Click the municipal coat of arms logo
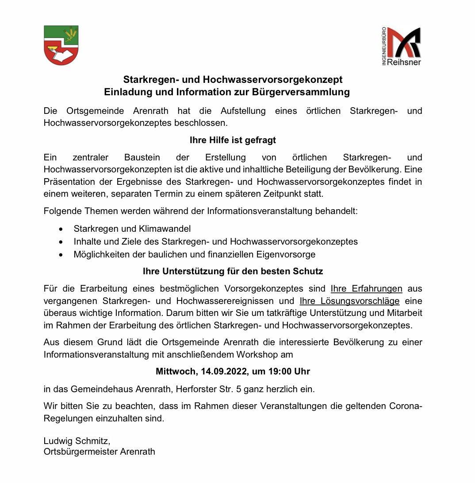click(x=61, y=46)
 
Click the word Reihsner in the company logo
click(x=404, y=62)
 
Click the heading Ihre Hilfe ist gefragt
click(x=233, y=140)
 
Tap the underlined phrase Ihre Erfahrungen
click(x=366, y=288)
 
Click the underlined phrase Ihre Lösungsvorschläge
click(x=349, y=301)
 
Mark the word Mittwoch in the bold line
click(x=175, y=371)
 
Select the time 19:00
click(x=279, y=371)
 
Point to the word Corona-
click(x=406, y=406)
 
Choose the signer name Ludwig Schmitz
click(x=77, y=440)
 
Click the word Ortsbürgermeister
click(x=80, y=452)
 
